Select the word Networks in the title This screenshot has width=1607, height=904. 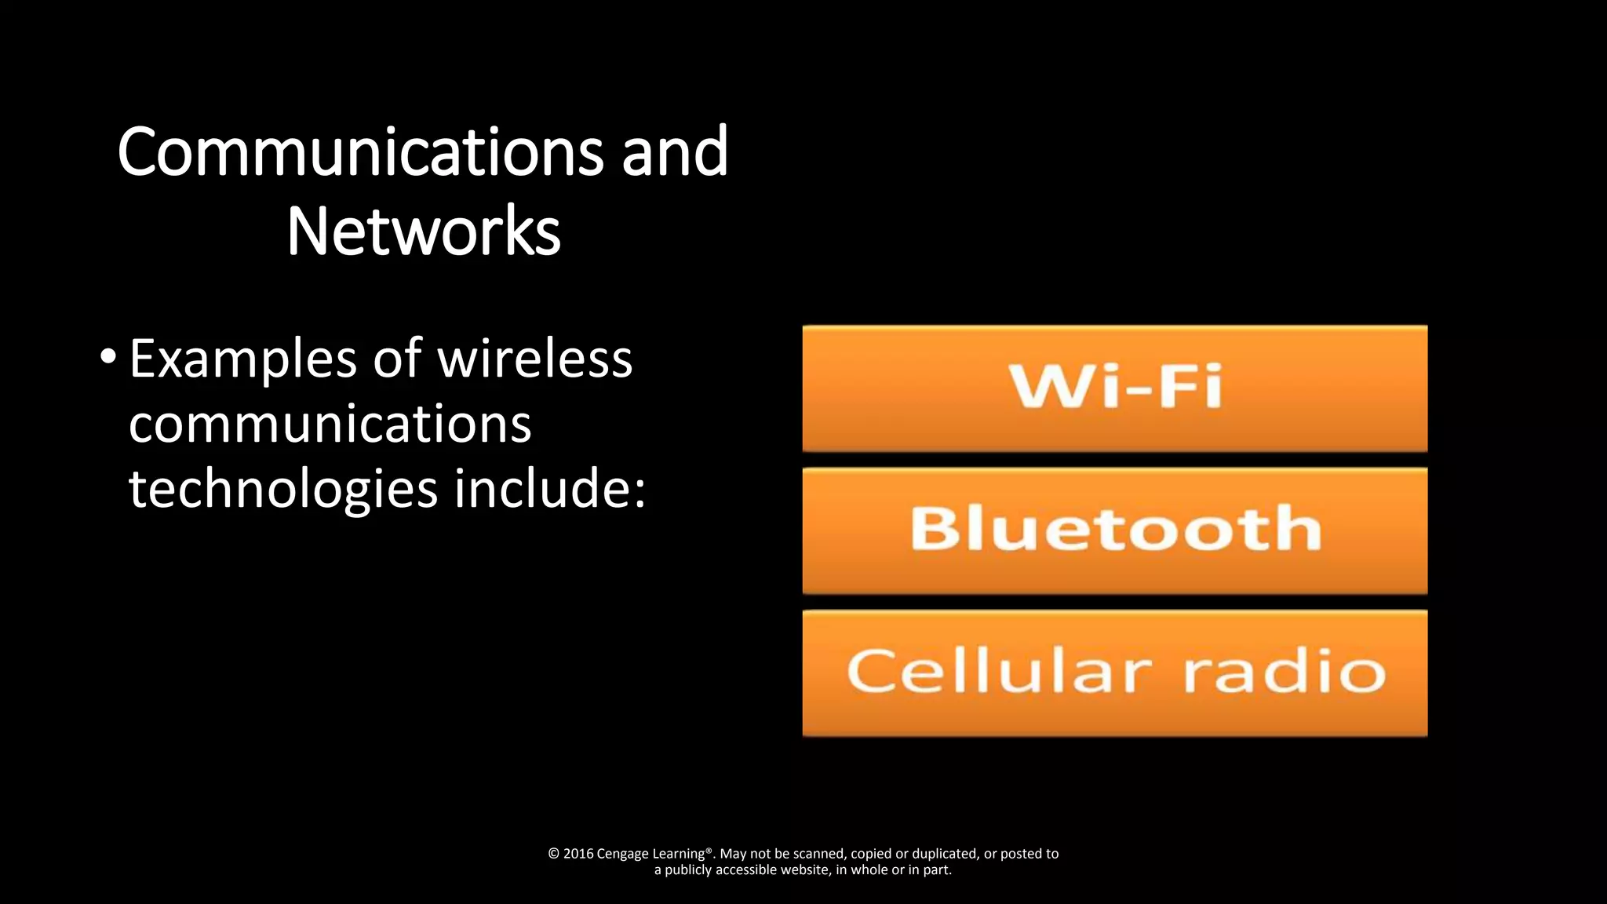pyautogui.click(x=424, y=231)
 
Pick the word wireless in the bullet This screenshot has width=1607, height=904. pyautogui.click(x=534, y=359)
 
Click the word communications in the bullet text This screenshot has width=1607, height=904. pyautogui.click(x=330, y=424)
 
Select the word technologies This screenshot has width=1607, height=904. pyautogui.click(x=282, y=489)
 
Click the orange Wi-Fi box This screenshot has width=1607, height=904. pyautogui.click(x=1114, y=388)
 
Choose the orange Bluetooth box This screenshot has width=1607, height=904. pyautogui.click(x=1114, y=530)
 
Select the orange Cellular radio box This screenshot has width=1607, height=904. pyautogui.click(x=1114, y=673)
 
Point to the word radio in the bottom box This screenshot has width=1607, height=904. pyautogui.click(x=1285, y=672)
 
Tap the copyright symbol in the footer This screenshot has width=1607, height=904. pyautogui.click(x=553, y=854)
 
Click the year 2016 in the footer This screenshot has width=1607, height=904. pyautogui.click(x=578, y=854)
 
